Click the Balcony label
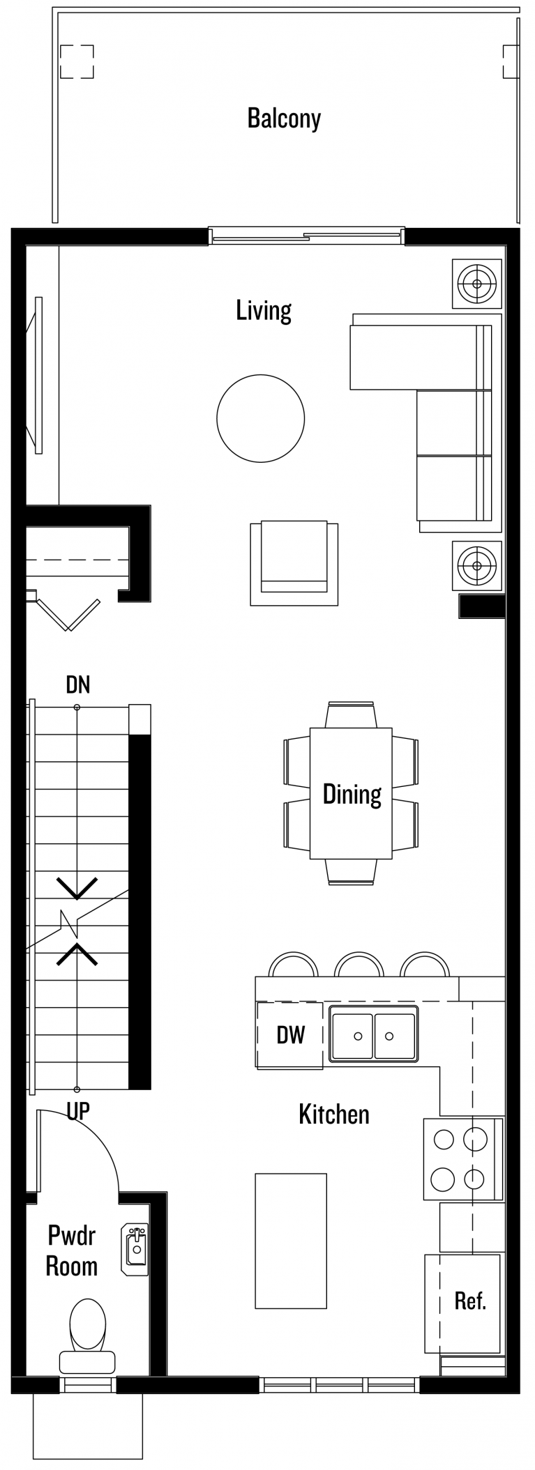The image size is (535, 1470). pyautogui.click(x=284, y=118)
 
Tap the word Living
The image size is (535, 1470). pyautogui.click(x=263, y=310)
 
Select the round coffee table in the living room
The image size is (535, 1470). pyautogui.click(x=260, y=418)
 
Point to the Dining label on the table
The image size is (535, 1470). pyautogui.click(x=352, y=794)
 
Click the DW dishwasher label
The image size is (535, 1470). pyautogui.click(x=290, y=1034)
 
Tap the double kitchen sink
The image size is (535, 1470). pyautogui.click(x=373, y=1035)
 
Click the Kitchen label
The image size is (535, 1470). pyautogui.click(x=333, y=1114)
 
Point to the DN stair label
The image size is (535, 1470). pyautogui.click(x=78, y=684)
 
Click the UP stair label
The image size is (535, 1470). pyautogui.click(x=78, y=1110)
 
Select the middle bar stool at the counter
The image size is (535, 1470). pyautogui.click(x=359, y=965)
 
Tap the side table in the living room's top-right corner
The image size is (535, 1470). pyautogui.click(x=477, y=284)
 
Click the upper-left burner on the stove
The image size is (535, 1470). pyautogui.click(x=444, y=1139)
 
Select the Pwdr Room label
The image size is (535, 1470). pyautogui.click(x=71, y=1250)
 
